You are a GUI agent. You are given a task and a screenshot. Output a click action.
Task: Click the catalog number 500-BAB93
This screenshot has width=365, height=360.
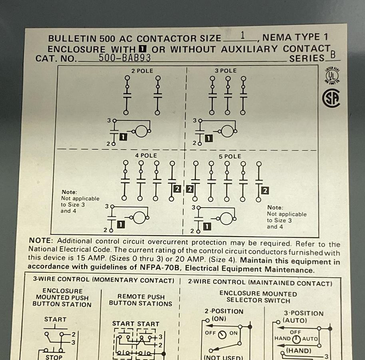pos(124,58)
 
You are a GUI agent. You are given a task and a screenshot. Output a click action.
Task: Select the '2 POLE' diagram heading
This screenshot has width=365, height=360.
pos(142,71)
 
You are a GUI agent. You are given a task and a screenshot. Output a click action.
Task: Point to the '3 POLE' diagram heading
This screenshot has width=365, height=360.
pos(225,71)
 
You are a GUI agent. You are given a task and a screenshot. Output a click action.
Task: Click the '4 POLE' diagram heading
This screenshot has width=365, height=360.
pos(146,155)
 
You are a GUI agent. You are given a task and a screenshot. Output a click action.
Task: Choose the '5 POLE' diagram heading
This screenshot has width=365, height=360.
pos(230,156)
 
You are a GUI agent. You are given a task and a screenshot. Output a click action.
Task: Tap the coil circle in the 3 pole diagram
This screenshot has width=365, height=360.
pos(227,131)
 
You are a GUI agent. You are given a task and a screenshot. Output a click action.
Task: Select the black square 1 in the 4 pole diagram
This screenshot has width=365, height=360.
pos(120,225)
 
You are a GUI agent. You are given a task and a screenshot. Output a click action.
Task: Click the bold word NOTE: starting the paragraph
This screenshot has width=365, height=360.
pos(41,241)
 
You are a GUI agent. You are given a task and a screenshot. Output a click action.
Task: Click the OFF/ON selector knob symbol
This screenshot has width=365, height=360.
pos(222,334)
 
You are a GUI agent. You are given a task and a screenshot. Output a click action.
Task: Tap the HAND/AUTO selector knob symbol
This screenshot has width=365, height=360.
pos(296,339)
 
